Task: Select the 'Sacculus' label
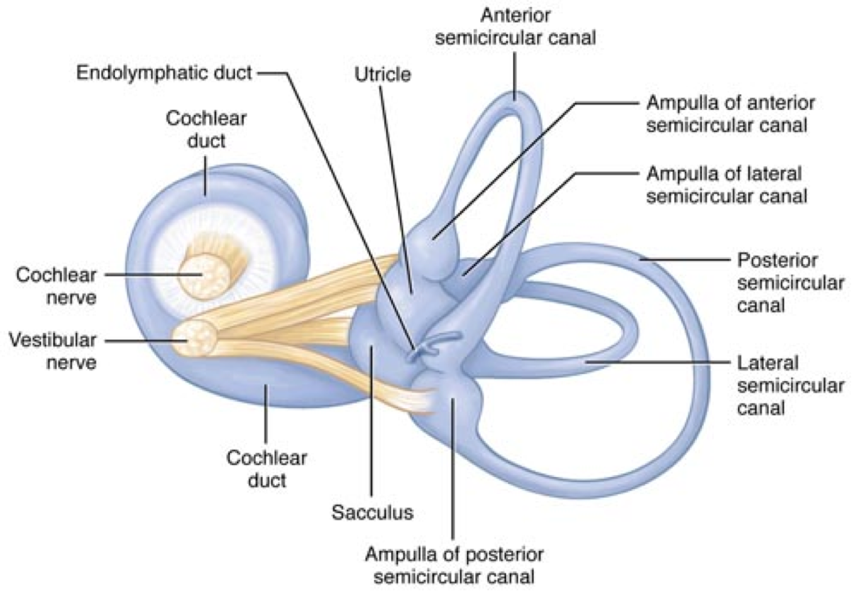[373, 512]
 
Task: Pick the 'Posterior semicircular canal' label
[791, 282]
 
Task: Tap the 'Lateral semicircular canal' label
[791, 385]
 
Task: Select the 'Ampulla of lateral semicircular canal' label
[727, 185]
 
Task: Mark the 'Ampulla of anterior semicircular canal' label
[730, 114]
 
